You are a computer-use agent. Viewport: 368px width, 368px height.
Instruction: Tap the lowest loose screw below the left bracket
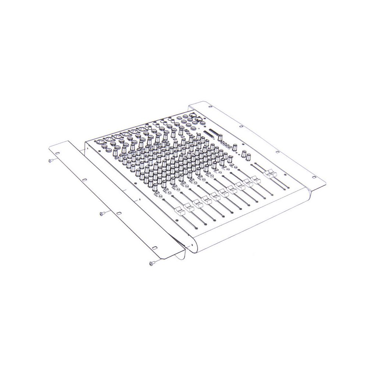pyautogui.click(x=152, y=263)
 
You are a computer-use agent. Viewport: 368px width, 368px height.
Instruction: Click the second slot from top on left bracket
pyautogui.click(x=84, y=180)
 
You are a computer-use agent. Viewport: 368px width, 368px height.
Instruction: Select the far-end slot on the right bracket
pyautogui.click(x=211, y=107)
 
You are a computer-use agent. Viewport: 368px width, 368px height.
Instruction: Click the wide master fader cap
pyautogui.click(x=271, y=174)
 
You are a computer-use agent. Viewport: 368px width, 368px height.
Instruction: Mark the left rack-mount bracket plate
pyautogui.click(x=110, y=199)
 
